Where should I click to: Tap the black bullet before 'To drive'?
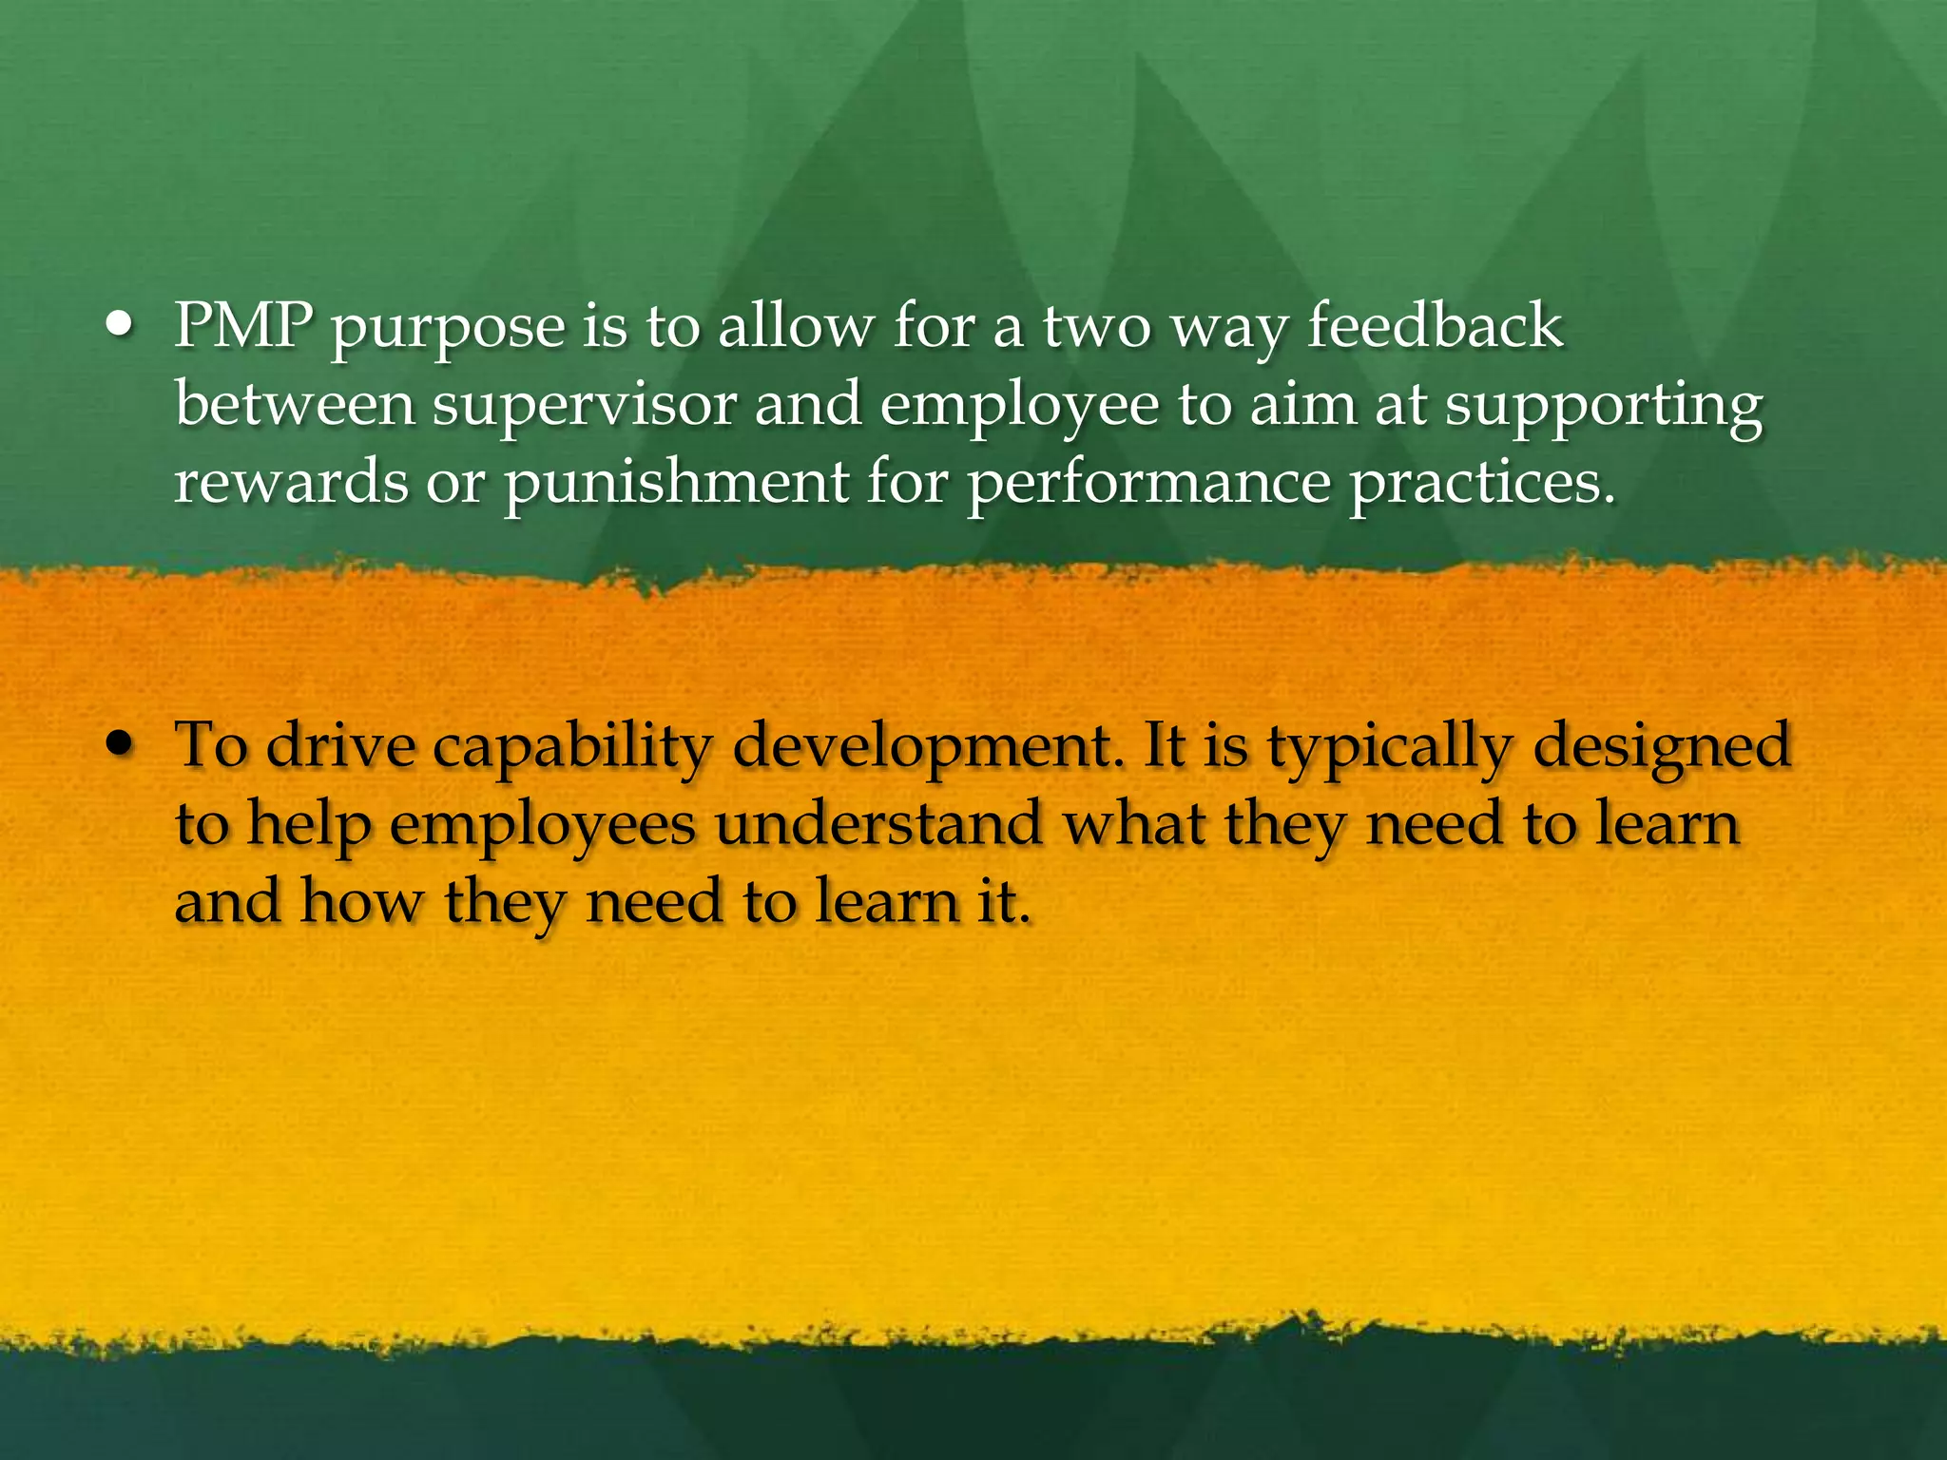pos(120,745)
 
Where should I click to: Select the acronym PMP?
pos(243,326)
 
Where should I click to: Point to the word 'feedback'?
pos(1436,326)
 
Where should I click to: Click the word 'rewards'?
pos(290,483)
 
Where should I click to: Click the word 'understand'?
pos(878,824)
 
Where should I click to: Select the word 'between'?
pos(295,405)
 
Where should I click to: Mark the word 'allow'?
pos(795,326)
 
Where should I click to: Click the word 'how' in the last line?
pos(362,901)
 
